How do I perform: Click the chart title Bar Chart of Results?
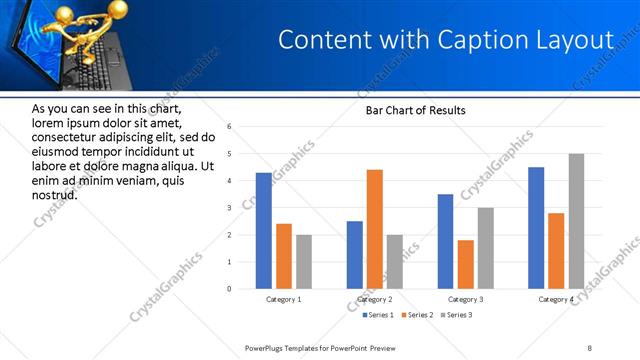[415, 110]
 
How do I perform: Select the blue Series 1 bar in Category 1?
[263, 230]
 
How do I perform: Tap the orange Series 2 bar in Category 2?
[375, 229]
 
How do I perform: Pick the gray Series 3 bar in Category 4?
[576, 221]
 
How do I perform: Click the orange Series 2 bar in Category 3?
[466, 264]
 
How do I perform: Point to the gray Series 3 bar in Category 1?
[303, 261]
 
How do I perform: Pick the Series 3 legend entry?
[457, 316]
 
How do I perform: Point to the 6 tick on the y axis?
[229, 127]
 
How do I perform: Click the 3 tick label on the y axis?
[229, 208]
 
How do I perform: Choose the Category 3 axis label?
[466, 299]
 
